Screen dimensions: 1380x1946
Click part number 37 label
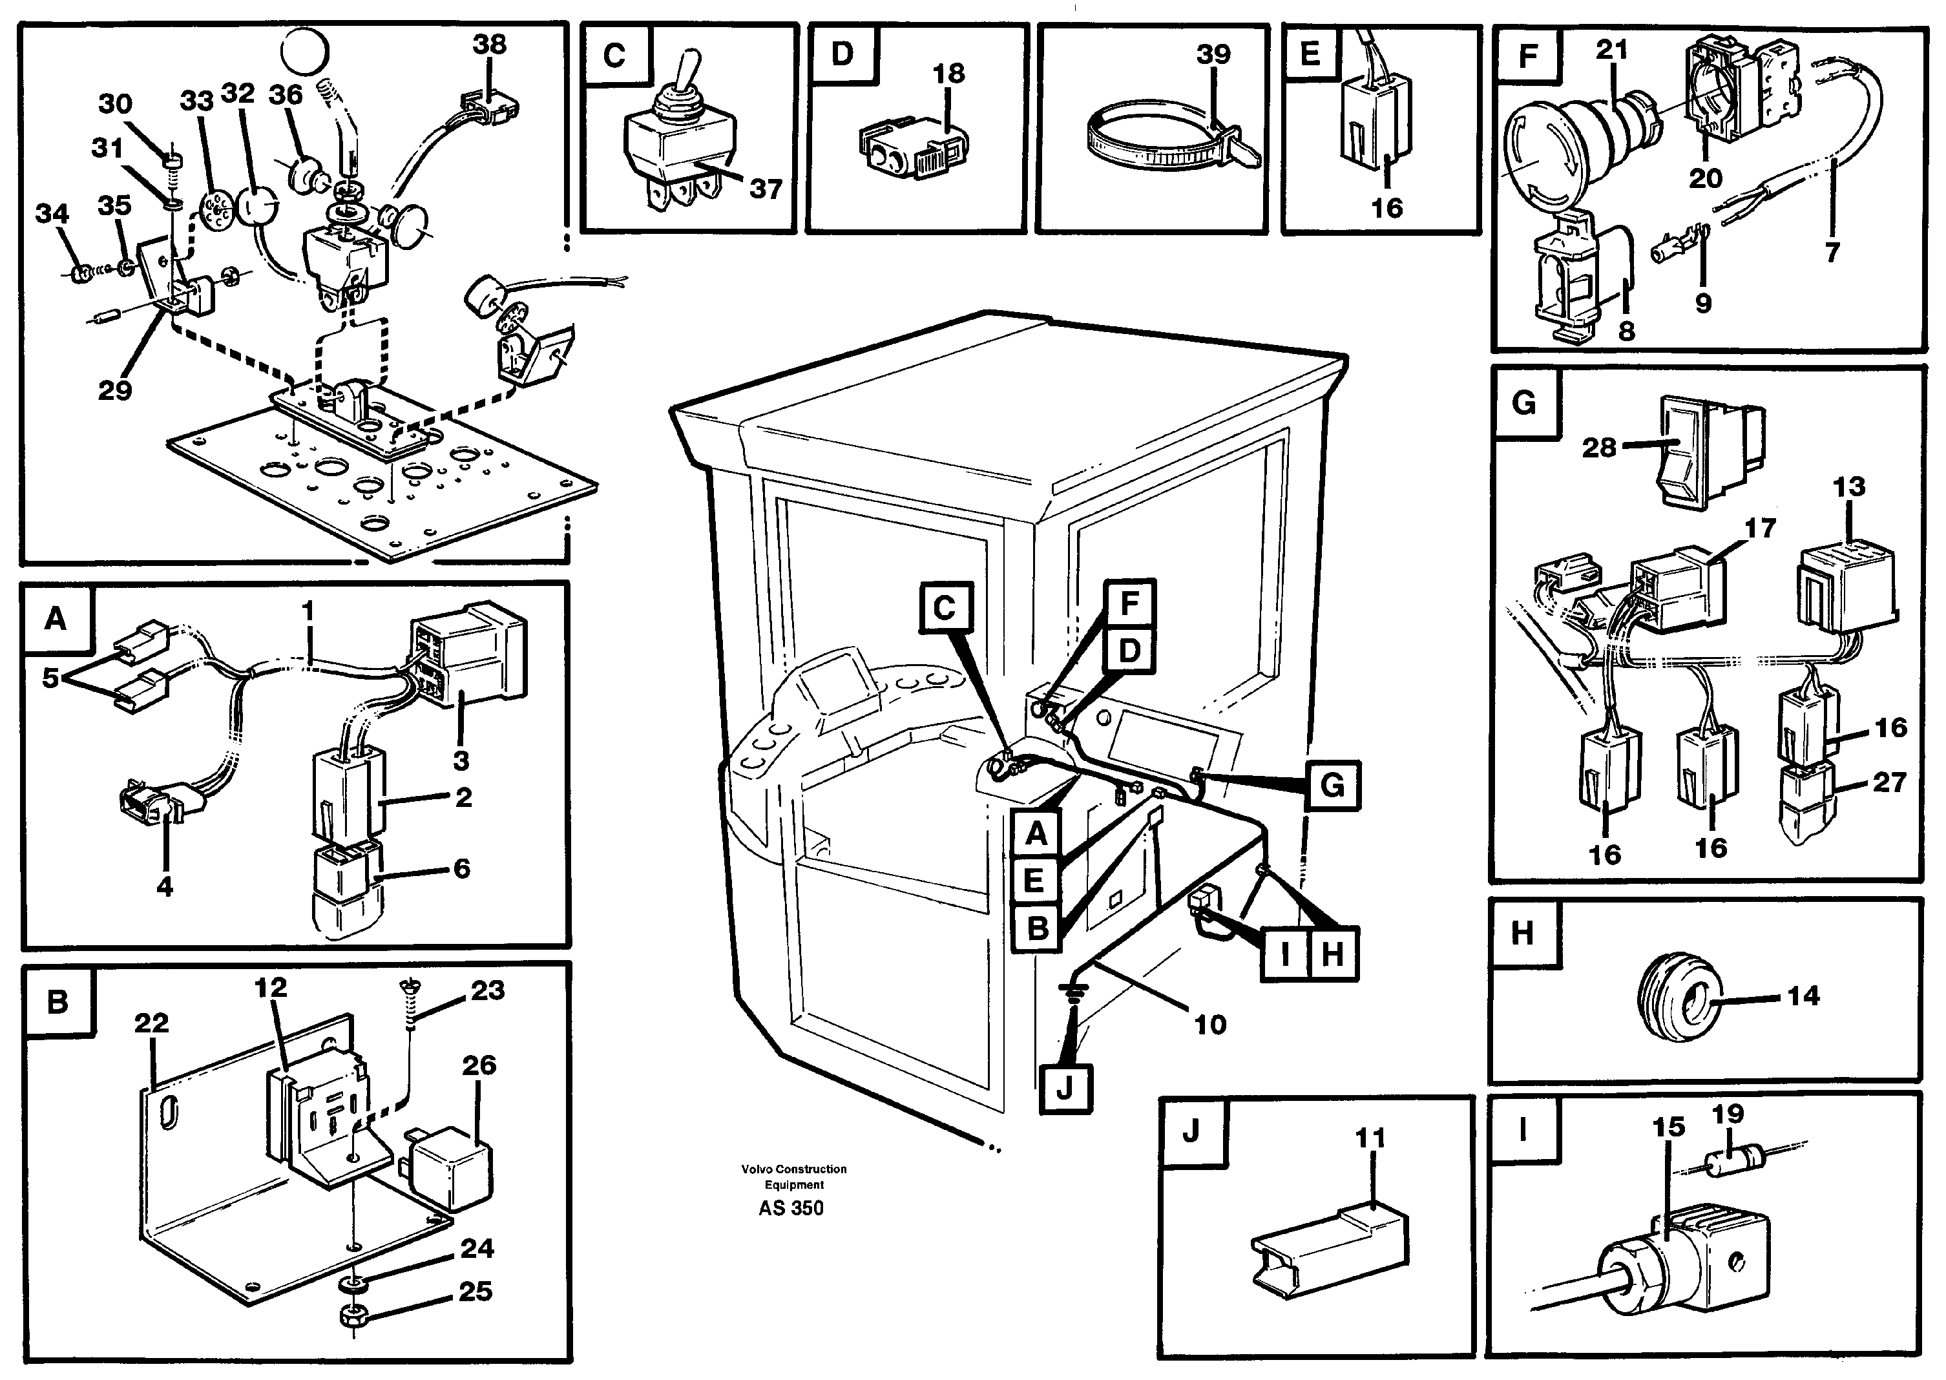(766, 189)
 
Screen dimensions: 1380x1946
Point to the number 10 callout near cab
(1210, 1024)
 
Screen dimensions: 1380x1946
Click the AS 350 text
(791, 1207)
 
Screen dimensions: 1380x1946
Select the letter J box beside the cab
(1065, 1088)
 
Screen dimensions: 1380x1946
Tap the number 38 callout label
(490, 44)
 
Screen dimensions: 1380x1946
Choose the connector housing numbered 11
(1330, 1249)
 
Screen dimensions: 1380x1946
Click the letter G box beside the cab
(1332, 785)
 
